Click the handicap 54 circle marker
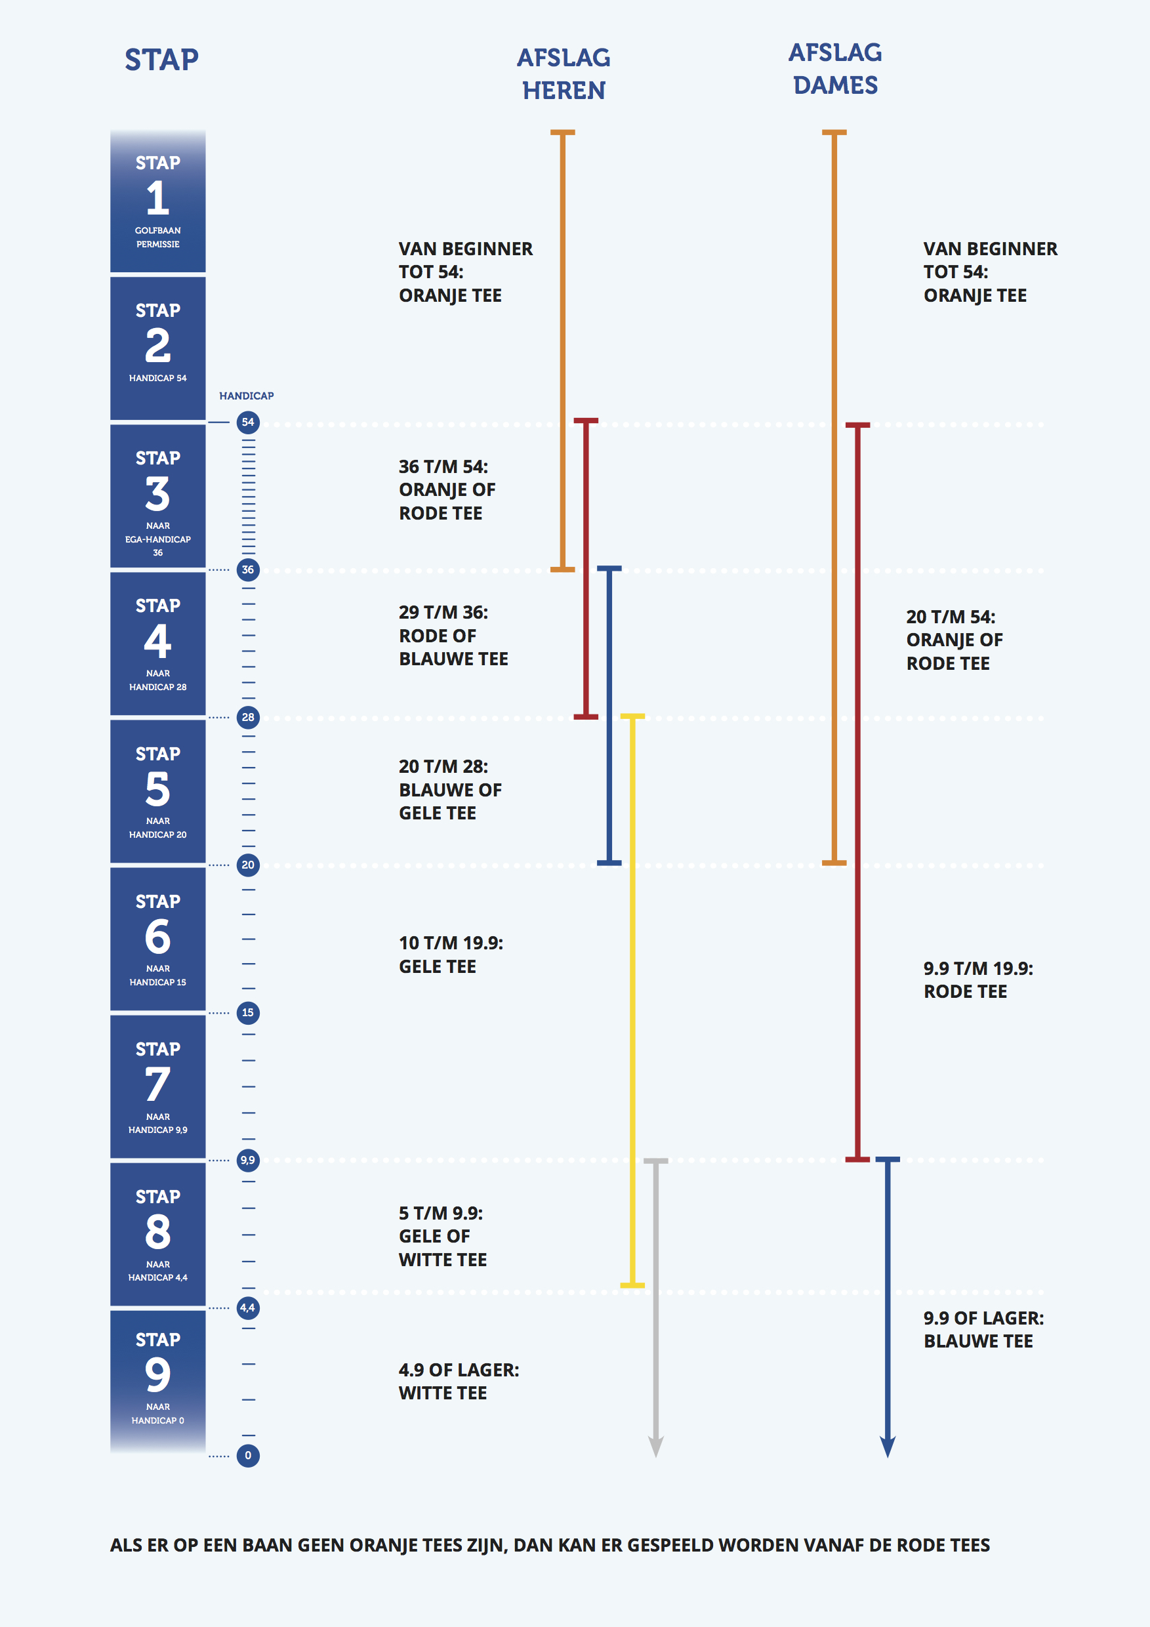(247, 422)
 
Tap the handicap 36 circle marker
(247, 569)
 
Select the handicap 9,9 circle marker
(247, 1160)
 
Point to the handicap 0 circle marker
(247, 1456)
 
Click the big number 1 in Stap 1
(157, 197)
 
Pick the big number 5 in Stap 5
(157, 789)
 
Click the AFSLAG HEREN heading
(564, 73)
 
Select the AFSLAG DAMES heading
(834, 69)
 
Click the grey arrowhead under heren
(656, 1445)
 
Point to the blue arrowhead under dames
(887, 1445)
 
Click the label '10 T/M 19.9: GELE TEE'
(451, 955)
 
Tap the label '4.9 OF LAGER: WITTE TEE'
(459, 1381)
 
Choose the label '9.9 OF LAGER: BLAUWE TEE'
(983, 1329)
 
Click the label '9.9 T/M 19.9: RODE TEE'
(978, 980)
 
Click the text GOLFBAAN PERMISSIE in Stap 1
(157, 237)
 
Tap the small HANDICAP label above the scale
(246, 396)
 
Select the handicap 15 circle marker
(247, 1013)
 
